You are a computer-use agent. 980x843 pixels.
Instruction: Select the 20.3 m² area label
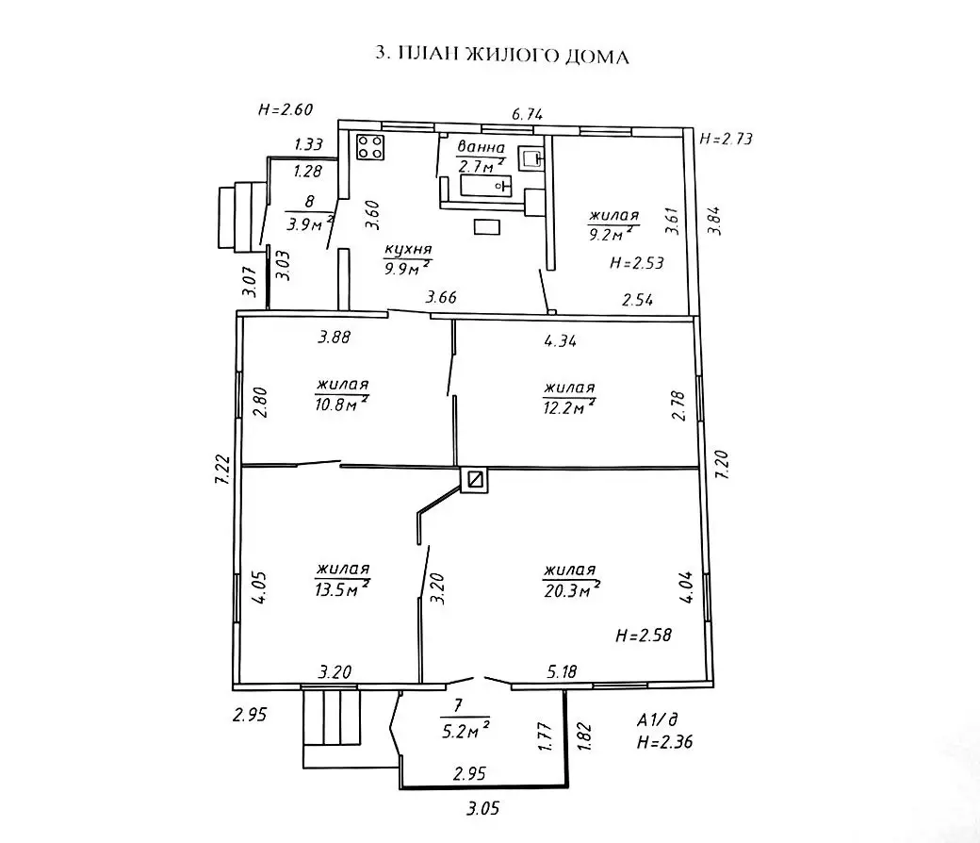click(x=571, y=590)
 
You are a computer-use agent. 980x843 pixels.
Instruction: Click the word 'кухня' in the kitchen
click(x=408, y=250)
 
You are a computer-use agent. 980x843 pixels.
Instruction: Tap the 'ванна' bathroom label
click(x=482, y=148)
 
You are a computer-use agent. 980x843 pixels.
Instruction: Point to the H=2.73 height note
click(x=727, y=140)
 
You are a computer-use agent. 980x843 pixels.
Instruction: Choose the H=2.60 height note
click(x=285, y=109)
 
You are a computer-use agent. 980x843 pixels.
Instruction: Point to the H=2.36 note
click(x=664, y=741)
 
